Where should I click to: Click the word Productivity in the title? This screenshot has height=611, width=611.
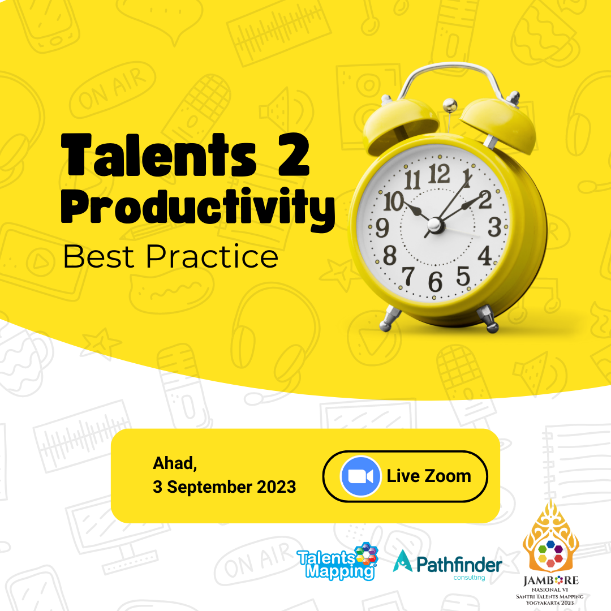[x=198, y=208]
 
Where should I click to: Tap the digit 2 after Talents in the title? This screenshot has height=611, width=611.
[x=294, y=154]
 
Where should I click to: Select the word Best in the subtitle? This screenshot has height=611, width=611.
[x=98, y=257]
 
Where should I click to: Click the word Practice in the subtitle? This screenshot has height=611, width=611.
[x=212, y=257]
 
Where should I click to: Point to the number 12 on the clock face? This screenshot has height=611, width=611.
[x=439, y=174]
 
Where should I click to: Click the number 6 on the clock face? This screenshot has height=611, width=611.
[x=435, y=282]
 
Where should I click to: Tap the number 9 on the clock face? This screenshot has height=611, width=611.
[x=382, y=228]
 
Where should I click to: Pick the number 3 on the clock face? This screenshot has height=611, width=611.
[x=494, y=227]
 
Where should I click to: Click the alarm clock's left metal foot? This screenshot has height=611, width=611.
[x=390, y=318]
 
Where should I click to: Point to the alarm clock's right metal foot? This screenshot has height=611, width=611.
[x=488, y=319]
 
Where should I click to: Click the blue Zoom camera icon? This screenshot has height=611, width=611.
[x=360, y=476]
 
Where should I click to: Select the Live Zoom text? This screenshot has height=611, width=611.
[x=429, y=476]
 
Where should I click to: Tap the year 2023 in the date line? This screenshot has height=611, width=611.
[x=276, y=487]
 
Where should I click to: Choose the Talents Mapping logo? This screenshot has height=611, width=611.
[x=337, y=562]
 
